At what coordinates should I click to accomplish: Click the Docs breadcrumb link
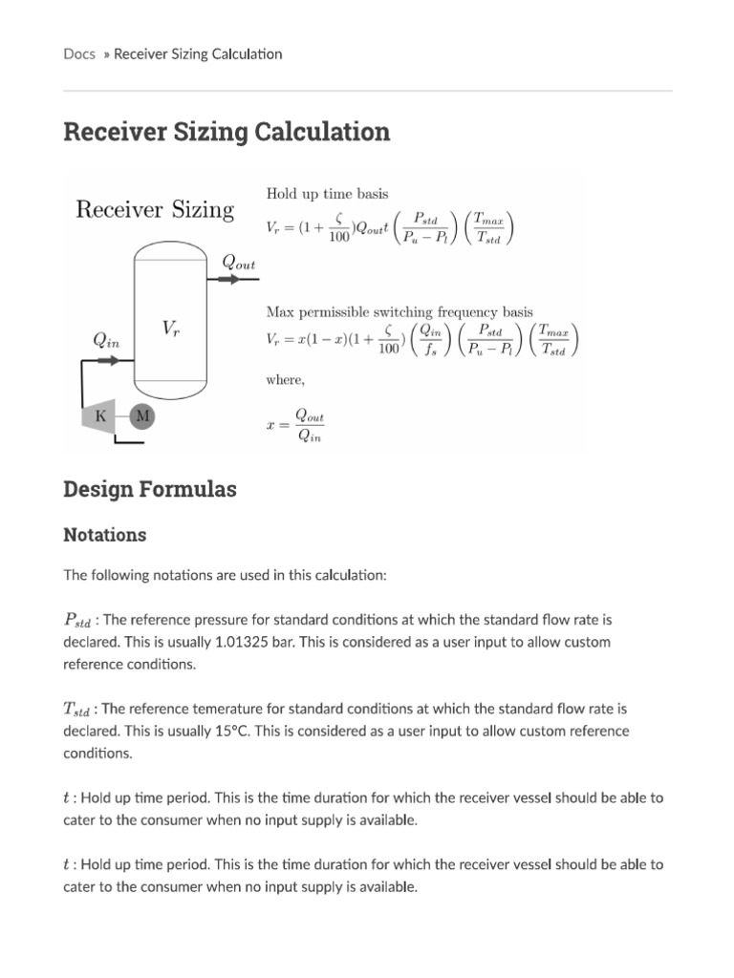click(x=79, y=53)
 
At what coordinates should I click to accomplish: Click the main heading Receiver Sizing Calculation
click(x=227, y=132)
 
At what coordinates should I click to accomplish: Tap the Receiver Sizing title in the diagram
click(x=155, y=209)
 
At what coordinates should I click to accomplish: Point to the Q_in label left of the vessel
click(x=106, y=339)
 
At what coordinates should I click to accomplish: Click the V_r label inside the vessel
click(x=170, y=329)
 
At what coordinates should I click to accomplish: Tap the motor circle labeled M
click(x=141, y=415)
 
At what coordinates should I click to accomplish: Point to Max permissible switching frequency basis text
click(x=399, y=311)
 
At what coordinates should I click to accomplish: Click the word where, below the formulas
click(x=285, y=380)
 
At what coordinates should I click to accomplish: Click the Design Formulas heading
click(x=149, y=489)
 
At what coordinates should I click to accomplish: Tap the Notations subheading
click(x=105, y=535)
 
